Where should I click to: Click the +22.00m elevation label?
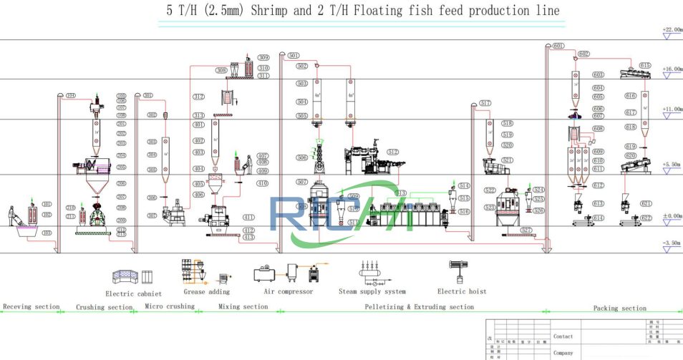(x=672, y=29)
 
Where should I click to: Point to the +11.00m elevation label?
(x=672, y=110)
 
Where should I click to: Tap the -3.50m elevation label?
(x=672, y=243)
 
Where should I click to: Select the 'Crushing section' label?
(x=105, y=308)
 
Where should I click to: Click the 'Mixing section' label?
(x=243, y=307)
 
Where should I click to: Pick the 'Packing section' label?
(x=620, y=308)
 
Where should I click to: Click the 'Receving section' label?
(x=32, y=307)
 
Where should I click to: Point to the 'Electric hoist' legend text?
(x=462, y=291)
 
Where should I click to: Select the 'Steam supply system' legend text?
(x=372, y=291)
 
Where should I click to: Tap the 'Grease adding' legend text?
(x=208, y=291)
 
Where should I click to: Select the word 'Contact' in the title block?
(x=563, y=336)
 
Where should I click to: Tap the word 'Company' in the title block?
(x=563, y=352)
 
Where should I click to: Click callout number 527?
(x=526, y=230)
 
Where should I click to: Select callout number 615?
(x=645, y=66)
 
